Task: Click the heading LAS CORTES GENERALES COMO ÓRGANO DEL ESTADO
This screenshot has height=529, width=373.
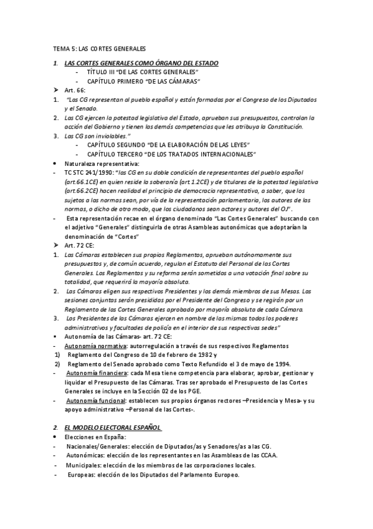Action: (141, 64)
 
